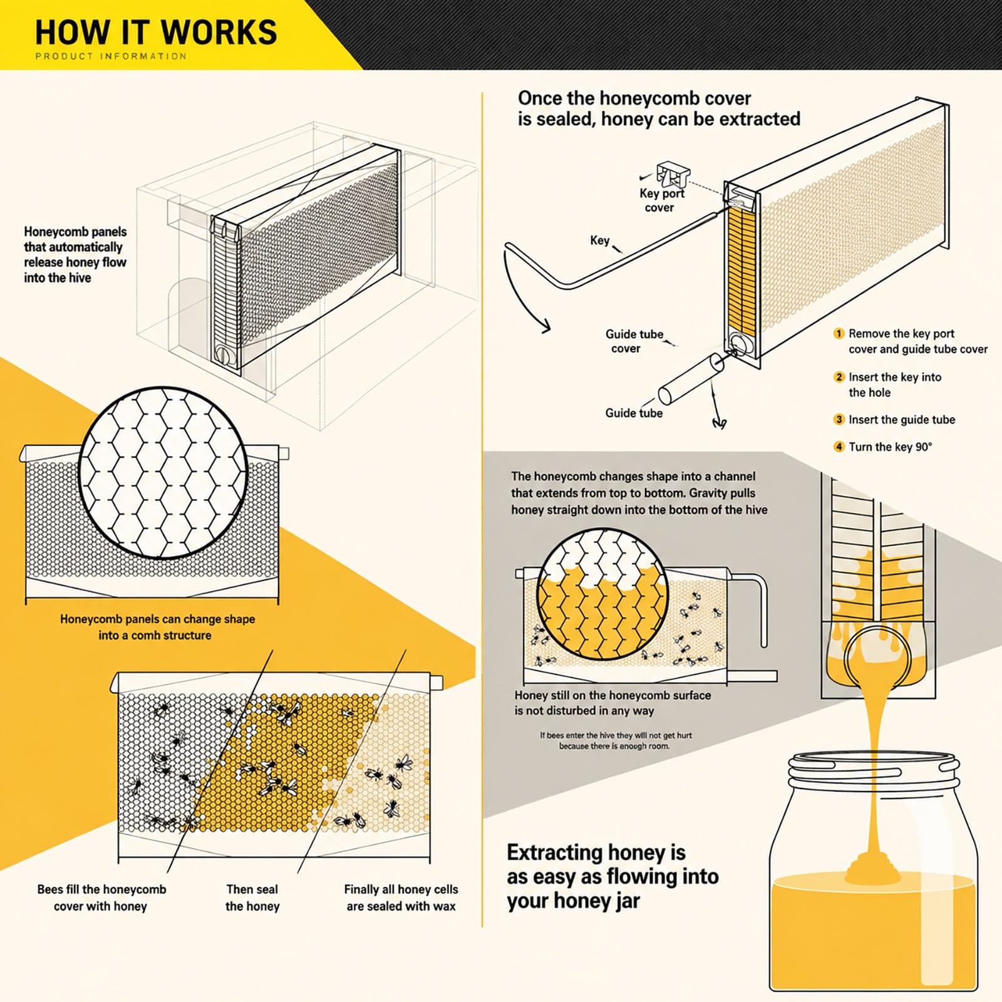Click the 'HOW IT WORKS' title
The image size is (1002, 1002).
[x=156, y=32]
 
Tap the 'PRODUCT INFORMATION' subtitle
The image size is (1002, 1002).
[x=111, y=56]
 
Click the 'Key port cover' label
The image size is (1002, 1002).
[x=661, y=200]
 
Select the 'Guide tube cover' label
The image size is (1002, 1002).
[x=634, y=341]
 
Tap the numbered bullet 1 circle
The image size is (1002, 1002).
[x=839, y=334]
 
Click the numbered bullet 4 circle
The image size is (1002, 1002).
[x=839, y=447]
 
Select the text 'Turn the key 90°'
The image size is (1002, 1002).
[x=890, y=447]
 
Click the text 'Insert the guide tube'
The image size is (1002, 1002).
[x=902, y=420]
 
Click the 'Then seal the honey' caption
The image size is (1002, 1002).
[x=252, y=897]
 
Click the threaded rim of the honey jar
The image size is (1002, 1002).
[x=874, y=772]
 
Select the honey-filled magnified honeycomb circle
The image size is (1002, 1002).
[x=602, y=594]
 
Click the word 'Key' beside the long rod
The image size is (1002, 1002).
[x=599, y=240]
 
